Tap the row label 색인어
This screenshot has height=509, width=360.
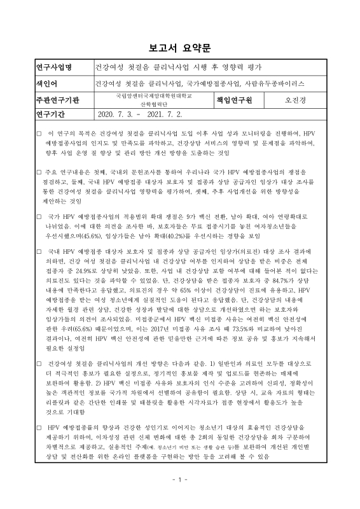(31, 83)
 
